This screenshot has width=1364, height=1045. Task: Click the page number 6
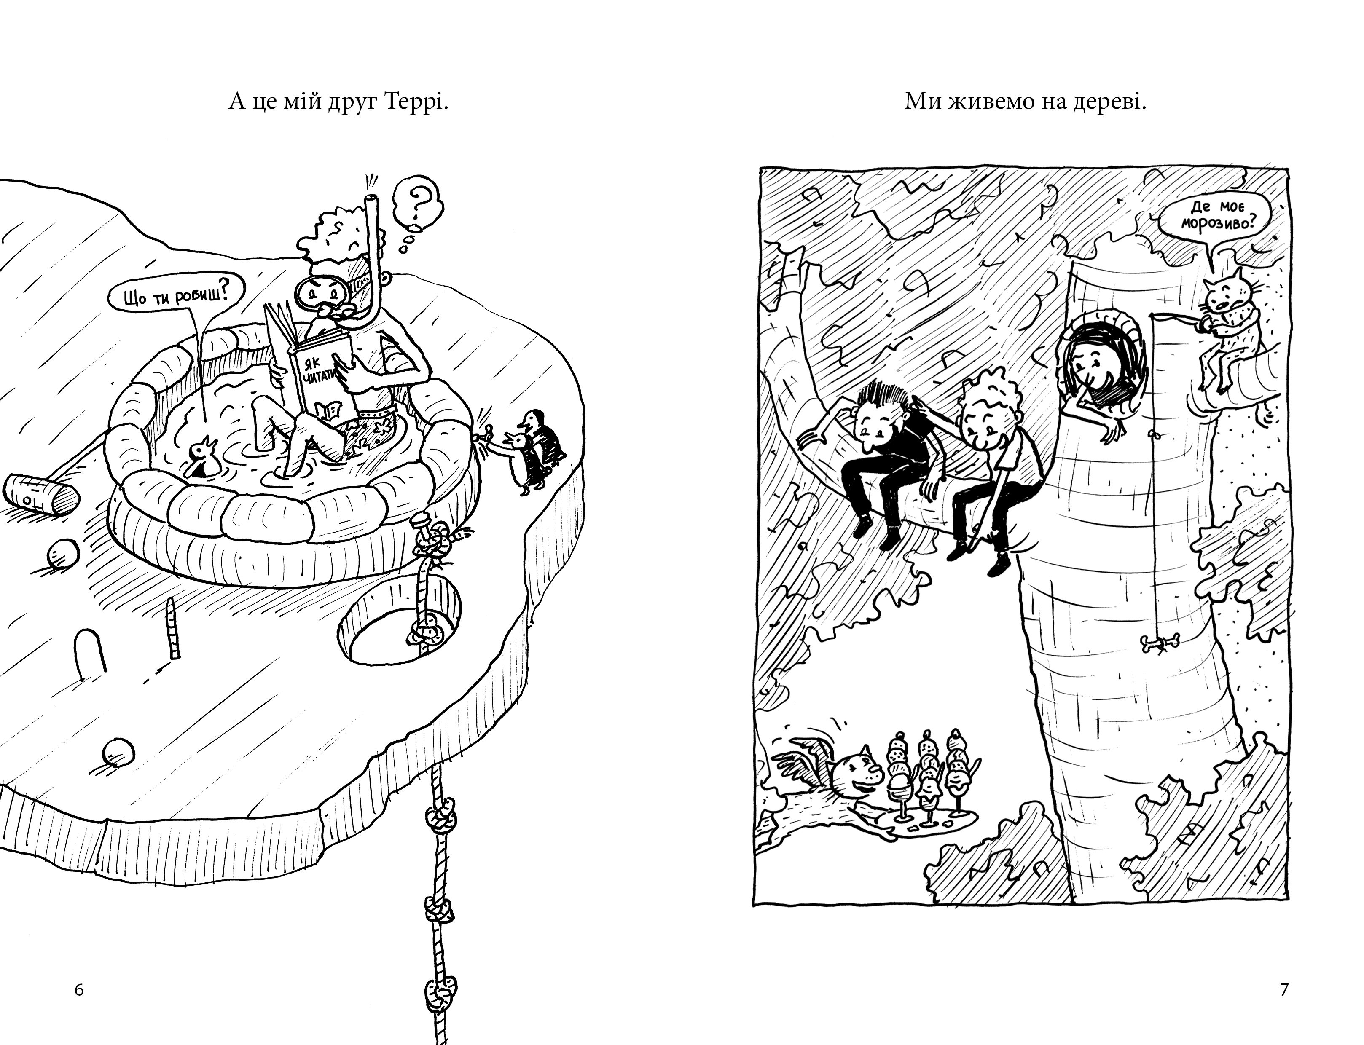(x=79, y=990)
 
